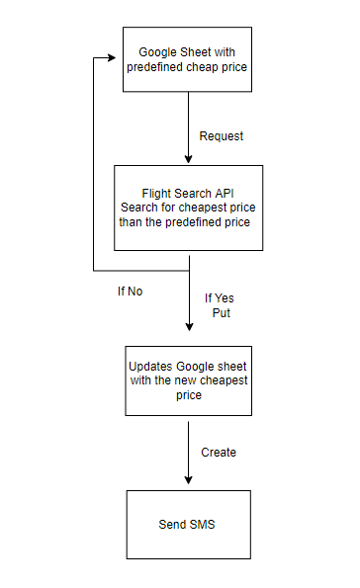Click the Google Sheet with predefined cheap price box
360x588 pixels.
pyautogui.click(x=187, y=58)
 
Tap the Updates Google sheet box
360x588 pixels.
pyautogui.click(x=187, y=379)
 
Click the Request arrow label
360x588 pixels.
pyautogui.click(x=221, y=135)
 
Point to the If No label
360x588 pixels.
pyautogui.click(x=130, y=292)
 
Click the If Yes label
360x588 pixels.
pyautogui.click(x=221, y=298)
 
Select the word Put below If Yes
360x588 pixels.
pyautogui.click(x=221, y=312)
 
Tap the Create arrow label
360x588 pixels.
pyautogui.click(x=219, y=452)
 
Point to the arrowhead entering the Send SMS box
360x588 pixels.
pyautogui.click(x=188, y=482)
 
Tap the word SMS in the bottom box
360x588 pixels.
pyautogui.click(x=202, y=524)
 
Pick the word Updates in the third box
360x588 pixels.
pyautogui.click(x=152, y=366)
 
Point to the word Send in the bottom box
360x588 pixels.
pyautogui.click(x=172, y=524)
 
